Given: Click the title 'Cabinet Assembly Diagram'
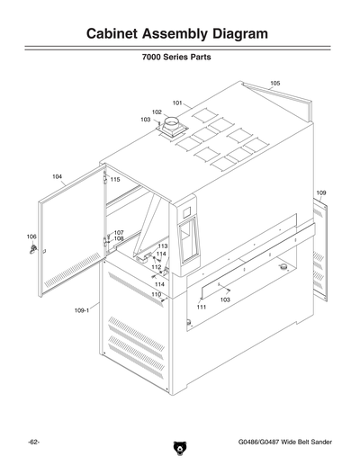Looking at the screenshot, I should click(x=176, y=34).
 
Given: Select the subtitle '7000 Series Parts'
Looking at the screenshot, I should click(x=176, y=67).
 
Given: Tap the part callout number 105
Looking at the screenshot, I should click(x=274, y=83).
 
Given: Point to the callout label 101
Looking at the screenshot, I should click(x=177, y=103).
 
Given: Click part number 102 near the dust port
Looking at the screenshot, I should click(x=157, y=112).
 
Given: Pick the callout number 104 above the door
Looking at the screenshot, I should click(x=58, y=176).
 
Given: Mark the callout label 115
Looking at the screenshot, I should click(x=115, y=180).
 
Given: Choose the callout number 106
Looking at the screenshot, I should click(x=31, y=237).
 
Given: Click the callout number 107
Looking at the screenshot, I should click(x=119, y=232).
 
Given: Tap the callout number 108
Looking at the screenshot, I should click(x=119, y=238).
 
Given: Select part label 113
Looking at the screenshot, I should click(x=162, y=246).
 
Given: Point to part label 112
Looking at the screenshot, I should click(x=156, y=267).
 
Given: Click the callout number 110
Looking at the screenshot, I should click(x=156, y=294).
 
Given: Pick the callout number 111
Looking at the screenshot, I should click(x=202, y=307).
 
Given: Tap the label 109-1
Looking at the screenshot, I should click(x=81, y=309).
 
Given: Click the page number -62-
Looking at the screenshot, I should click(x=33, y=443).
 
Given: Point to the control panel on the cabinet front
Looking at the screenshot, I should click(x=187, y=242).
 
